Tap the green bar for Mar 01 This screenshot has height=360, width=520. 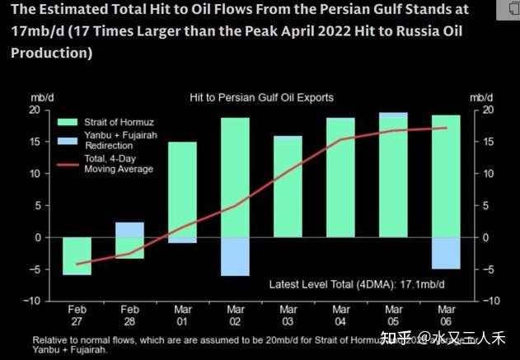tap(182, 189)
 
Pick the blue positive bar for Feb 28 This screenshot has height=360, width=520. tap(129, 230)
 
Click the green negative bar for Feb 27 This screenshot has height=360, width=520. tap(77, 255)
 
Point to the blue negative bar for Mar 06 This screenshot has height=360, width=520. tap(446, 253)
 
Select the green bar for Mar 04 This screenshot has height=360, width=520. tap(340, 178)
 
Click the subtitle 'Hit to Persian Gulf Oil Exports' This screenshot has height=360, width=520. tap(261, 97)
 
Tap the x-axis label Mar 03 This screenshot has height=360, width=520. tap(288, 317)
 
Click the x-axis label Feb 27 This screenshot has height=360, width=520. tap(77, 317)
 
